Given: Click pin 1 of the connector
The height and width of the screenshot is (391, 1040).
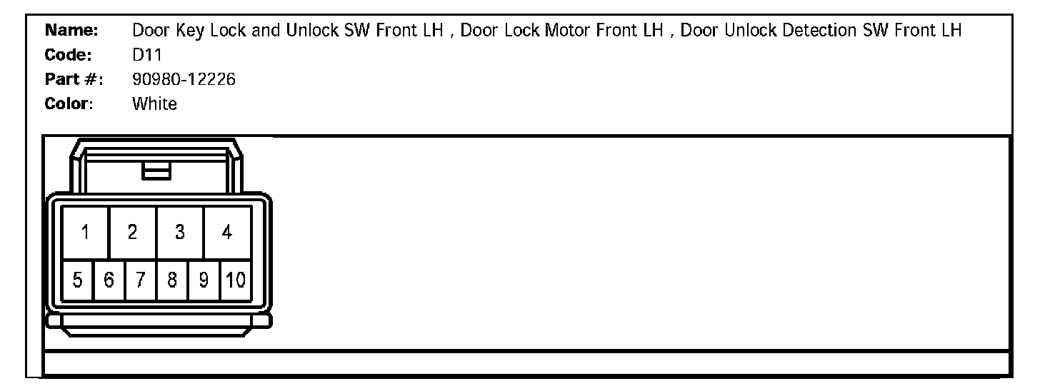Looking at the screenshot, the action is [x=85, y=232].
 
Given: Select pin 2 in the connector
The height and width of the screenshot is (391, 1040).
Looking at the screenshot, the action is [x=132, y=232].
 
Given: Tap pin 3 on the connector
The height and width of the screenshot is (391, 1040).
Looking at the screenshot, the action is [x=180, y=232].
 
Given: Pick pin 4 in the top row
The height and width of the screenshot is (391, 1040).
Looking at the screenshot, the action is [x=227, y=232].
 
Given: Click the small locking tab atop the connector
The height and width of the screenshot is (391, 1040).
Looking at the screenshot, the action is [x=156, y=171].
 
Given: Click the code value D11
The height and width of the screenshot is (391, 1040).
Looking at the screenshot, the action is [x=148, y=56].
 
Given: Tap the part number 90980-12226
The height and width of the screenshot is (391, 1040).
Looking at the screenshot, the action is [x=184, y=80].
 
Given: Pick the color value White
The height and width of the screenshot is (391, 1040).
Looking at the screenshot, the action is [x=154, y=104].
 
